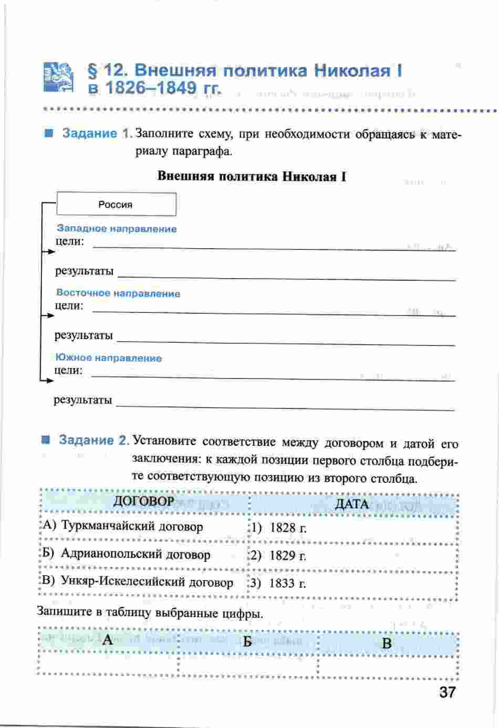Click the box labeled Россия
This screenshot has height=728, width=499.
[x=116, y=204]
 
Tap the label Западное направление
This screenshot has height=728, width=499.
[x=117, y=229]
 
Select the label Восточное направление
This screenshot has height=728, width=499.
[x=118, y=293]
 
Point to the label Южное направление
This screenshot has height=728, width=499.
[x=108, y=358]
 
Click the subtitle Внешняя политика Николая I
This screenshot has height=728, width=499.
[x=252, y=176]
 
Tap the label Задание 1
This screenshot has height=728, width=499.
[x=96, y=133]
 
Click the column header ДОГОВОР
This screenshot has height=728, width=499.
[x=143, y=501]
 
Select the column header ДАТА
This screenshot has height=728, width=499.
[x=351, y=504]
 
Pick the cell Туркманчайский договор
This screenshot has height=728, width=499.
[x=131, y=526]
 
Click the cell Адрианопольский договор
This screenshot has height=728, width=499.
[x=135, y=554]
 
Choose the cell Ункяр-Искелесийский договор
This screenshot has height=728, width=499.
[x=147, y=582]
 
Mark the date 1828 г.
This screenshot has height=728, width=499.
[x=287, y=528]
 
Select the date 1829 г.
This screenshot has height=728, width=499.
[x=287, y=556]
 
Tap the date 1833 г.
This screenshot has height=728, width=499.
[x=287, y=583]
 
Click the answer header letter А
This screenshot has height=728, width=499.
[x=108, y=640]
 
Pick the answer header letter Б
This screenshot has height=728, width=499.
[x=247, y=642]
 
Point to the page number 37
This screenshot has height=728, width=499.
[x=446, y=692]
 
